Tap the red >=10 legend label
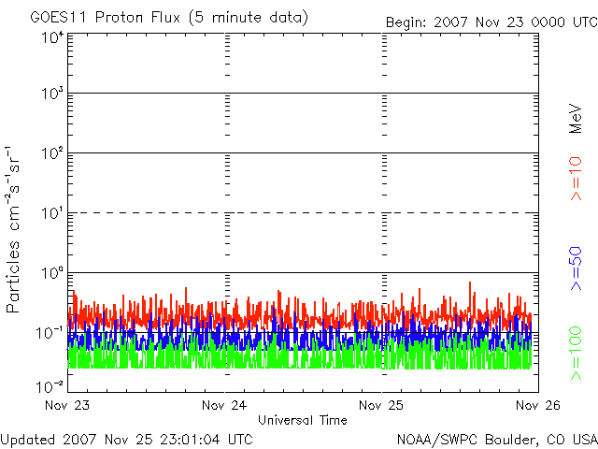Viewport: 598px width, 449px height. (576, 179)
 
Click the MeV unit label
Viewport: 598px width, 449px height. (576, 118)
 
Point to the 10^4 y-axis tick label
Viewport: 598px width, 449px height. (51, 37)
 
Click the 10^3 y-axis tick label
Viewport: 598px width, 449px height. (51, 94)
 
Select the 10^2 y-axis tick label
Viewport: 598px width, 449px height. (51, 153)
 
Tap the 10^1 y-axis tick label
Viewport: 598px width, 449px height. (51, 213)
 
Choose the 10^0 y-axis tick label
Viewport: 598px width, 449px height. (51, 273)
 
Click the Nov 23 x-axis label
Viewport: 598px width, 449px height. (66, 406)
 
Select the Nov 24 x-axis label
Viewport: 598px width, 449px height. (223, 406)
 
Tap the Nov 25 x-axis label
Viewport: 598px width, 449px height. (381, 406)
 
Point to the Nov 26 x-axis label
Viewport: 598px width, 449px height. (536, 406)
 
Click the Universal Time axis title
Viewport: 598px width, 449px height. (302, 420)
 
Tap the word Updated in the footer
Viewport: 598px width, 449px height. (27, 438)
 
